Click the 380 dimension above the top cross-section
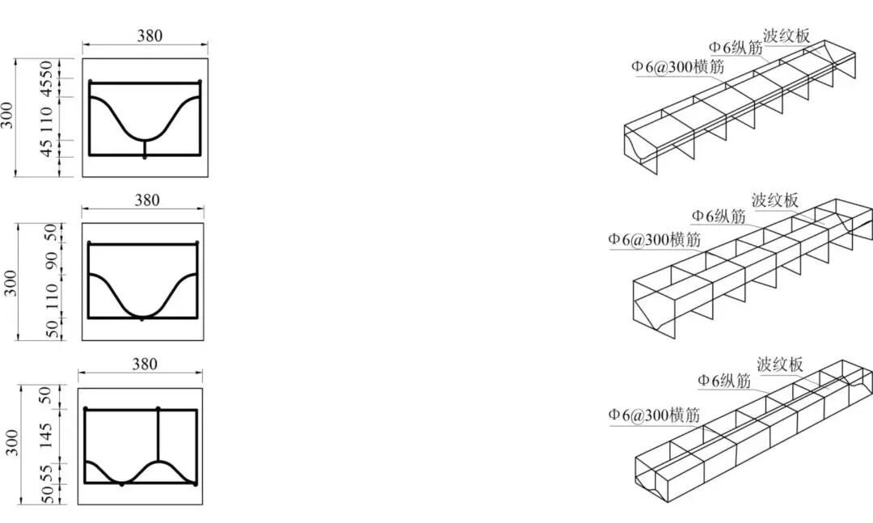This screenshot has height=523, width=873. point(150,36)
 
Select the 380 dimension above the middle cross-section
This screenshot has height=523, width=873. point(147,200)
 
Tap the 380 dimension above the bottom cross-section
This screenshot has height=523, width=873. point(144,364)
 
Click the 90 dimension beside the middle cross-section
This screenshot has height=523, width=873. point(51,259)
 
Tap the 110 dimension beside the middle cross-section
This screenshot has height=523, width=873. point(51,297)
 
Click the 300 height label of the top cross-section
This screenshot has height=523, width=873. point(6,115)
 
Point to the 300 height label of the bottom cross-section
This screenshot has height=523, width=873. point(12,442)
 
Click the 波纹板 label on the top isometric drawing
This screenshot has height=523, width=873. point(787,36)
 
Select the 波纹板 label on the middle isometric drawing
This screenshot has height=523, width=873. point(775,200)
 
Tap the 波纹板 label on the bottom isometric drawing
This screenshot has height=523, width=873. point(780,365)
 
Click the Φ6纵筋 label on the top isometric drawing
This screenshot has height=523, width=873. point(736,48)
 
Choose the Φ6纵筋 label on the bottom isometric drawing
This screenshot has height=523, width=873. point(724,381)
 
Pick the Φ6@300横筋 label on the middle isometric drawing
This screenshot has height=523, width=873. point(654,239)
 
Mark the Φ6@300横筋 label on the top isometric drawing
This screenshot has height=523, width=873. point(677,66)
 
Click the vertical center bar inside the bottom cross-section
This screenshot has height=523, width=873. point(158,436)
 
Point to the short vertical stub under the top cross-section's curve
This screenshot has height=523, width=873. point(145,148)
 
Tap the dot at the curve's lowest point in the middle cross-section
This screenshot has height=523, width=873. point(141,318)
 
